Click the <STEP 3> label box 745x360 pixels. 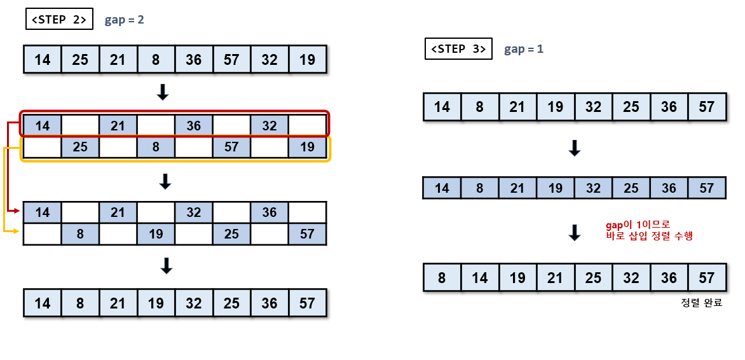click(458, 48)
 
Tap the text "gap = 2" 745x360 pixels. click(125, 20)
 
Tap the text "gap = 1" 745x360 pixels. click(524, 49)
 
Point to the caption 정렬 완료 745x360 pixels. click(701, 303)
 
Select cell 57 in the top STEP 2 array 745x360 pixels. click(232, 60)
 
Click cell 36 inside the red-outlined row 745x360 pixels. click(194, 126)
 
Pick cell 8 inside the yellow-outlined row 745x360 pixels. click(156, 147)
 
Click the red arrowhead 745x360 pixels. click(17, 211)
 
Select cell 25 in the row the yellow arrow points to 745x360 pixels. click(232, 233)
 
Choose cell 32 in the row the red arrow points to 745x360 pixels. click(194, 212)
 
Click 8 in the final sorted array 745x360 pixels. click(442, 278)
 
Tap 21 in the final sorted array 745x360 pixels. click(556, 278)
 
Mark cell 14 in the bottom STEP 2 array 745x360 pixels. click(43, 303)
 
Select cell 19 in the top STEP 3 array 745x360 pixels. click(556, 107)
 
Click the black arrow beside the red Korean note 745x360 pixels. click(575, 232)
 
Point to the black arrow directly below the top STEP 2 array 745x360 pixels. click(163, 93)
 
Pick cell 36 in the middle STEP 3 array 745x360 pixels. click(669, 188)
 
